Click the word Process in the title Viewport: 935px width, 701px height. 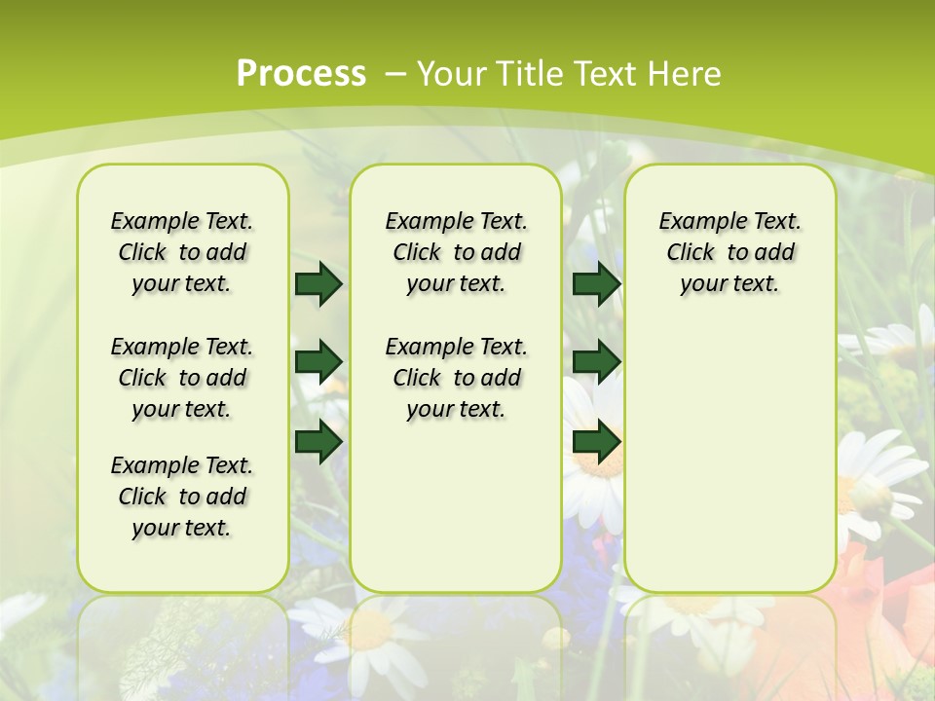tap(301, 74)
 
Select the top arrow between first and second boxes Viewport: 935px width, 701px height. tap(318, 283)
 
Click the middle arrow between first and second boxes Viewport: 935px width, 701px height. tap(318, 362)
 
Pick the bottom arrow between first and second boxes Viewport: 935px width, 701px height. tap(318, 441)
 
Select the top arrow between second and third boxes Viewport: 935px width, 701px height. tap(596, 283)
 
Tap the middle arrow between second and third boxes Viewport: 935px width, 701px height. tap(596, 362)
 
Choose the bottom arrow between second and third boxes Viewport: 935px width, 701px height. tap(596, 441)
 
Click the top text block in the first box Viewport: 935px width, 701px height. tap(182, 252)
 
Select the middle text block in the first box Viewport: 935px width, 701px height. tap(182, 378)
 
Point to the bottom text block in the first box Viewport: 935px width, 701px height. tap(182, 497)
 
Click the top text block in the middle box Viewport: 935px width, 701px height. tap(456, 252)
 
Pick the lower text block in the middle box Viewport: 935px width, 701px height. tap(456, 378)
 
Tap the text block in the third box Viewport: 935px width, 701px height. tap(729, 252)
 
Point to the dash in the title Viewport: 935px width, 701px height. tap(395, 74)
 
